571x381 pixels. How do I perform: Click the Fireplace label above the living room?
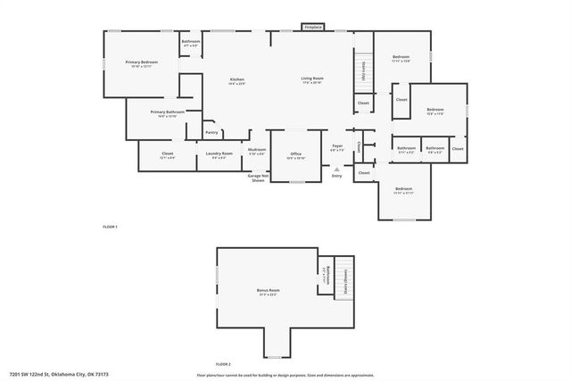(x=312, y=28)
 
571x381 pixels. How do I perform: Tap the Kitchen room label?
(x=236, y=80)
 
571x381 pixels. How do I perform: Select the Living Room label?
(x=311, y=80)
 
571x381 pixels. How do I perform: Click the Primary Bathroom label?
(x=155, y=113)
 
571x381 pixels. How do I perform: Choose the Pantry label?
(x=211, y=132)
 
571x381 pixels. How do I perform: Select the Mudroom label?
(x=257, y=151)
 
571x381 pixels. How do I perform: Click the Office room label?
(x=295, y=155)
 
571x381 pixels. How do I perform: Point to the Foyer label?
(x=337, y=147)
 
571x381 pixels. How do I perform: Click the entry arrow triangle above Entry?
(x=336, y=169)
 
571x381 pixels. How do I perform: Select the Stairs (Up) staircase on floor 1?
(x=363, y=70)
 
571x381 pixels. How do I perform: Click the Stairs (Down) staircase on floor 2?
(x=344, y=278)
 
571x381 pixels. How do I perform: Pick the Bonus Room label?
(x=269, y=291)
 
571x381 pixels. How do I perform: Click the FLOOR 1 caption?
(x=110, y=227)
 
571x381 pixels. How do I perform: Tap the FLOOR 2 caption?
(x=222, y=364)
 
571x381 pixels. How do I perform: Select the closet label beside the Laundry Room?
(x=167, y=154)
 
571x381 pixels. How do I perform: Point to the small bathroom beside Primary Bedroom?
(x=191, y=43)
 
